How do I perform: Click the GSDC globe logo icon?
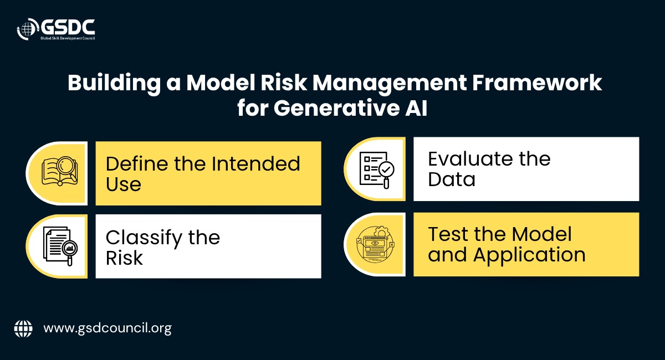click(x=27, y=29)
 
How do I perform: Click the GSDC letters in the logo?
click(x=68, y=27)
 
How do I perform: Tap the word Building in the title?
click(x=114, y=83)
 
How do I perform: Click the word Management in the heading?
click(x=390, y=84)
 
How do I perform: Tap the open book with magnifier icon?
click(x=60, y=171)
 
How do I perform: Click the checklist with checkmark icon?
click(x=377, y=170)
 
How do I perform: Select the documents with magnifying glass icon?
click(x=60, y=246)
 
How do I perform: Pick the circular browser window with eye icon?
click(x=376, y=245)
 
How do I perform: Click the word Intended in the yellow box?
click(x=256, y=163)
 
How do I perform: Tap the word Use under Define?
click(x=124, y=184)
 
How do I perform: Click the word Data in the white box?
click(x=452, y=179)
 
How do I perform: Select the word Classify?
click(x=144, y=238)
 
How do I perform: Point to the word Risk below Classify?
click(x=124, y=258)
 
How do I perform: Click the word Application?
click(x=529, y=255)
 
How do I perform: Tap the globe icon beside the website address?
click(x=23, y=328)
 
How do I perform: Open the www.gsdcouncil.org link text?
click(x=108, y=329)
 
